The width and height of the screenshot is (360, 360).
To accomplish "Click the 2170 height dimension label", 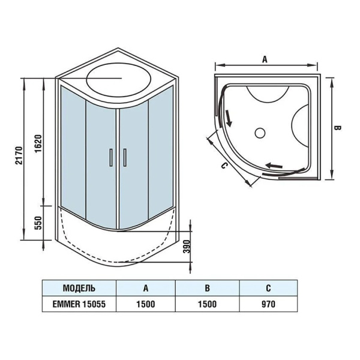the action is point(19,155).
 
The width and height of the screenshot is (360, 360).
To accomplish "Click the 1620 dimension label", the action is point(38,144).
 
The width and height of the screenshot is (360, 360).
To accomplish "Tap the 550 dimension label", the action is point(38,223).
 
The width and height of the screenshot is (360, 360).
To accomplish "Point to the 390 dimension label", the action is point(188,247).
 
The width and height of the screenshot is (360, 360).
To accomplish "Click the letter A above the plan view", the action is point(265,59).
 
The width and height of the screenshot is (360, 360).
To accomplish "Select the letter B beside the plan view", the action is point(337,128).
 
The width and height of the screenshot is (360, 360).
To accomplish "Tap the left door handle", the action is point(111,157).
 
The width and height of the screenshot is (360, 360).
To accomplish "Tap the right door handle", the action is point(125,157).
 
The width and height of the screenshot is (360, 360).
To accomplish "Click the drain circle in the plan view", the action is point(260,133).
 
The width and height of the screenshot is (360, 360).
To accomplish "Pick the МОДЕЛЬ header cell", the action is point(79,288).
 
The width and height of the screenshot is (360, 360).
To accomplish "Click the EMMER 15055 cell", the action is point(79,304).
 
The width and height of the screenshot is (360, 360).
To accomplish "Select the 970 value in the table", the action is point(268,304).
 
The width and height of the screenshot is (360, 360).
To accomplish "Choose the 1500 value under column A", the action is point(146,304).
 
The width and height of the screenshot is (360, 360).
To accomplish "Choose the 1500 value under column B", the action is point(207,304).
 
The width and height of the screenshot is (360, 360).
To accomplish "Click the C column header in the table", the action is point(268,288).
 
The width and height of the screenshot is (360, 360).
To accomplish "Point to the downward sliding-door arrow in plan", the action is point(229,118).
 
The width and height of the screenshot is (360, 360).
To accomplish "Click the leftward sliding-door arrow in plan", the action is point(274,165).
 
